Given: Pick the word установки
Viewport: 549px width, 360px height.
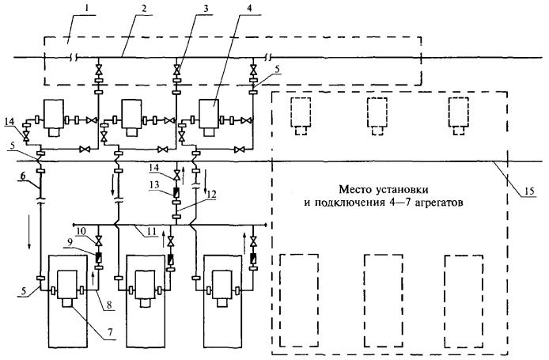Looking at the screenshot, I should pos(384,189).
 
